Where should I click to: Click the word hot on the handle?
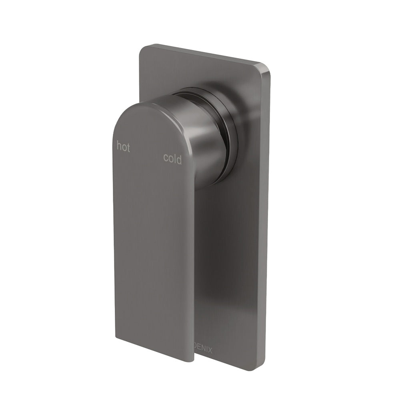123,147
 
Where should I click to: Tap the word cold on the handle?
172,159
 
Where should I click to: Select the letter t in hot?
128,148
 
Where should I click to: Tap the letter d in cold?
178,159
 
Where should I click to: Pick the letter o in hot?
124,148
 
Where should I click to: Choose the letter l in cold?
174,158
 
